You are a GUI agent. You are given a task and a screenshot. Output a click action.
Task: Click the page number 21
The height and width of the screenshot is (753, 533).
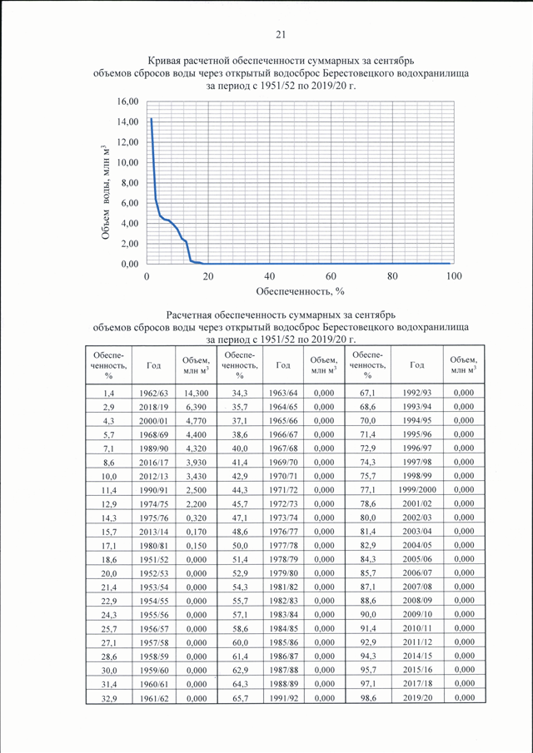(x=281, y=34)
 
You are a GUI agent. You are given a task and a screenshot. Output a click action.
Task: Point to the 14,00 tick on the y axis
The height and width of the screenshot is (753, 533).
(x=129, y=122)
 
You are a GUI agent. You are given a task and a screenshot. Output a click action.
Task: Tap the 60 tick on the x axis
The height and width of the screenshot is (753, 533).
(x=331, y=276)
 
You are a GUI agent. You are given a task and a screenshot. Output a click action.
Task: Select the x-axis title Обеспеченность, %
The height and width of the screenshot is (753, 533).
(x=301, y=291)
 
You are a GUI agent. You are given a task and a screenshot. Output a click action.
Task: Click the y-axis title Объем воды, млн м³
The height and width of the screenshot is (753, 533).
(x=107, y=191)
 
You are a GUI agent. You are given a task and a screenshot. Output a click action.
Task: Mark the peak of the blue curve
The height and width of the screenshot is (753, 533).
(x=152, y=119)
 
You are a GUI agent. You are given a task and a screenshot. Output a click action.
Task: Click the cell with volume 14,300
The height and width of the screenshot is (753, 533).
(x=196, y=393)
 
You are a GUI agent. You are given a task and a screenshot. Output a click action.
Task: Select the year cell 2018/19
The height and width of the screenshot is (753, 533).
(x=154, y=407)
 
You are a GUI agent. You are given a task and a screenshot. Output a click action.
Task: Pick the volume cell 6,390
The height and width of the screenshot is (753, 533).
(x=196, y=407)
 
